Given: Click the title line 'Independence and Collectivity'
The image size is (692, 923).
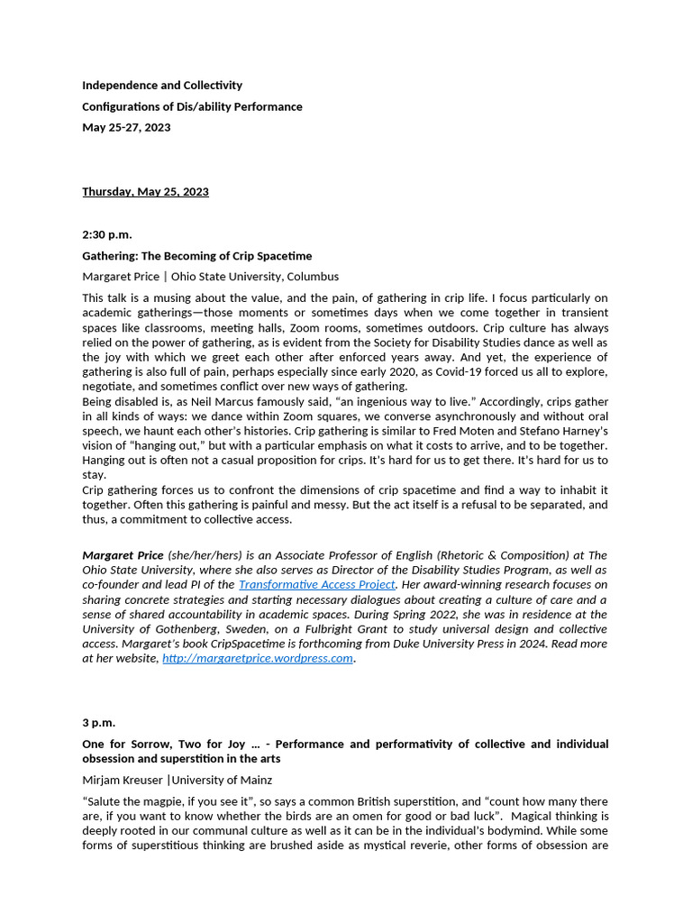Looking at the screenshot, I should pyautogui.click(x=162, y=86).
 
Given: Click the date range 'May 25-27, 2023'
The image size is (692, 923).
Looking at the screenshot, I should pyautogui.click(x=126, y=127).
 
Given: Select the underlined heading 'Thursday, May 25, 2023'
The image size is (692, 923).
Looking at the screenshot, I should pyautogui.click(x=145, y=192).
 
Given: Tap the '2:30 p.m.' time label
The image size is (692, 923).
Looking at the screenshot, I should pyautogui.click(x=107, y=235).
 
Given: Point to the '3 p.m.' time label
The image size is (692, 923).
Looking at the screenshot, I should pyautogui.click(x=99, y=723).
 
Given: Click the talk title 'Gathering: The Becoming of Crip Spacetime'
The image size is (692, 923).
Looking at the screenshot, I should pyautogui.click(x=196, y=256).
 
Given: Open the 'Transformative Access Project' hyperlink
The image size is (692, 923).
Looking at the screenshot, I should pyautogui.click(x=316, y=584).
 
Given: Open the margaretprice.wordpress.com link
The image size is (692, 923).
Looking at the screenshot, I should pyautogui.click(x=258, y=658).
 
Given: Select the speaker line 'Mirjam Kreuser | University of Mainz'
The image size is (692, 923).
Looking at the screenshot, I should pyautogui.click(x=177, y=781).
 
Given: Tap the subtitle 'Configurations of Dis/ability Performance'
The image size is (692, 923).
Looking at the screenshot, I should pyautogui.click(x=192, y=106).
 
